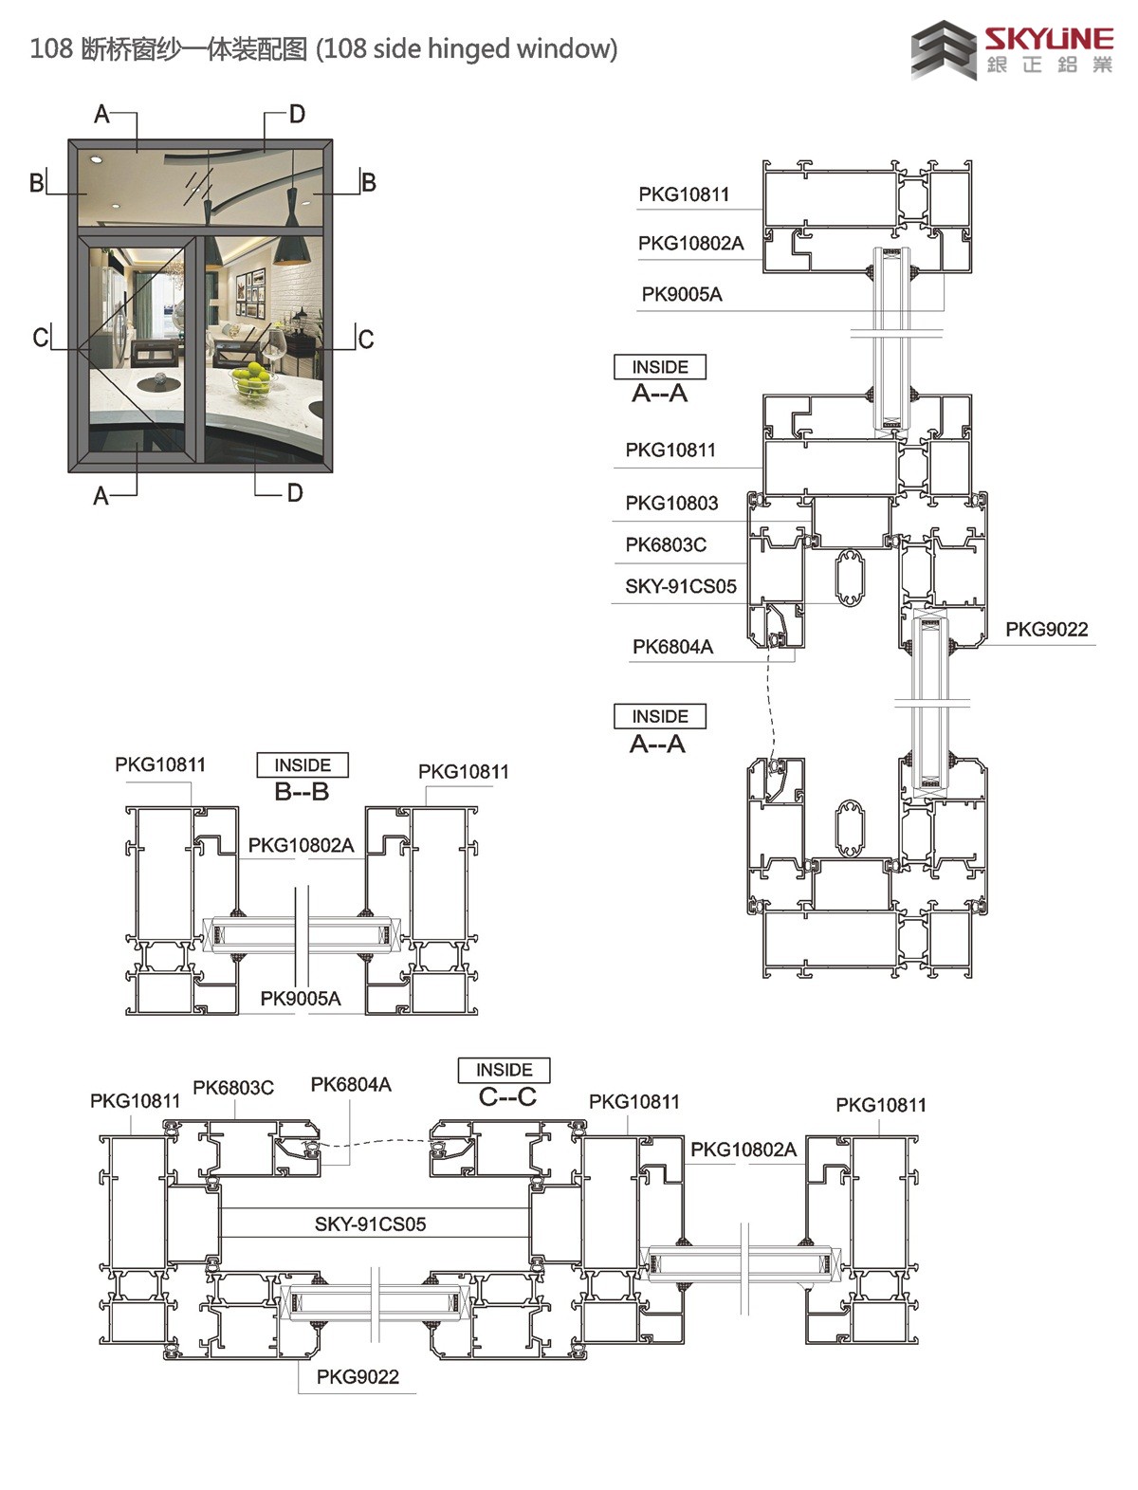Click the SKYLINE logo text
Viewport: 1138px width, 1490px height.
(1047, 39)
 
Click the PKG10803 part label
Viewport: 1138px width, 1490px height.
(671, 503)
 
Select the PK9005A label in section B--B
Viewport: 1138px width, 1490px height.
(300, 999)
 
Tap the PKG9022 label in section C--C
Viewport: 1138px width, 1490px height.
(358, 1376)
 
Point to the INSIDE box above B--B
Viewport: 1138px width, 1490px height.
(303, 764)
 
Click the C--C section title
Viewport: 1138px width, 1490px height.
(506, 1096)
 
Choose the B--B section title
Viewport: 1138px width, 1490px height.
(302, 791)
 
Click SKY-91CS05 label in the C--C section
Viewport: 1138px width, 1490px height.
(370, 1223)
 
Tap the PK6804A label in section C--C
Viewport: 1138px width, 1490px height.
(351, 1084)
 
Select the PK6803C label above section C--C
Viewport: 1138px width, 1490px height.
(233, 1088)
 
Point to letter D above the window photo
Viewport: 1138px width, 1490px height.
(297, 115)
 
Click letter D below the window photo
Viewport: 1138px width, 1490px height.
(295, 493)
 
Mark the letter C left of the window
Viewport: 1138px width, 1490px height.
(41, 337)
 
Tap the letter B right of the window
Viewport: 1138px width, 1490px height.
(368, 182)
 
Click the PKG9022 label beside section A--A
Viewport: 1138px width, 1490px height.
(1046, 629)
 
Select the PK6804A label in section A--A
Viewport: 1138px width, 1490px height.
(672, 647)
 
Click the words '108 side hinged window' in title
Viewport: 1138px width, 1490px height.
(468, 48)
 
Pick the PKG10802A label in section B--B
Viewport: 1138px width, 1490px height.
(301, 845)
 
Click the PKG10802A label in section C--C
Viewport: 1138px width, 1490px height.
(743, 1150)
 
